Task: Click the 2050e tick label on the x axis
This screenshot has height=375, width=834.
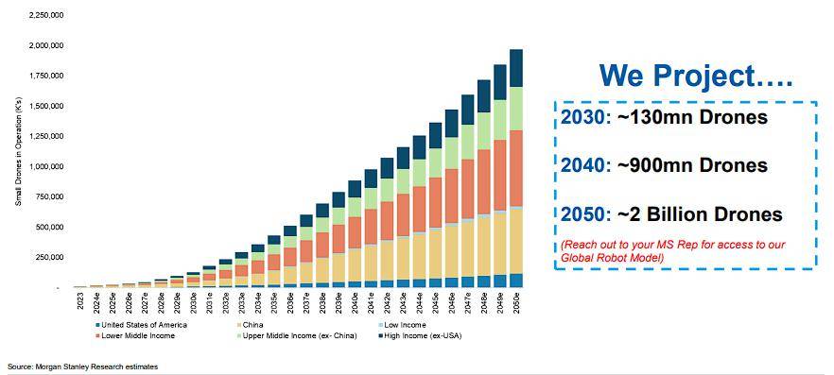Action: pos(516,305)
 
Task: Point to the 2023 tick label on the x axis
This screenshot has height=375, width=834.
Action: pos(78,301)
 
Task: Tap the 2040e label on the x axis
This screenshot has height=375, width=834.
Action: pos(355,305)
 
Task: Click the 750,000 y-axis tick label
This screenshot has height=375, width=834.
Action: pos(49,197)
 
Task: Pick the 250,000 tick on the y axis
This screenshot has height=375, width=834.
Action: pos(49,258)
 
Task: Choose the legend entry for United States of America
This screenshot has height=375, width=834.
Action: pos(141,325)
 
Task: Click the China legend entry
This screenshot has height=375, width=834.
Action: pos(250,325)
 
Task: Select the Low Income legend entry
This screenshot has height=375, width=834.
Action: pos(402,325)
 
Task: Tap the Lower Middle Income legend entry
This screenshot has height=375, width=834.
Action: pos(135,335)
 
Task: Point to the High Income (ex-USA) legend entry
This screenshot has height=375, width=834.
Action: pos(420,335)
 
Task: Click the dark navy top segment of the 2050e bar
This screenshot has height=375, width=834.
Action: pos(516,69)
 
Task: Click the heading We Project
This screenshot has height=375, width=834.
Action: pos(696,76)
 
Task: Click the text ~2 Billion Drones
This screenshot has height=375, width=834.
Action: pos(700,214)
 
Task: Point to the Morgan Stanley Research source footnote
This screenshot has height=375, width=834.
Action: pos(83,366)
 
